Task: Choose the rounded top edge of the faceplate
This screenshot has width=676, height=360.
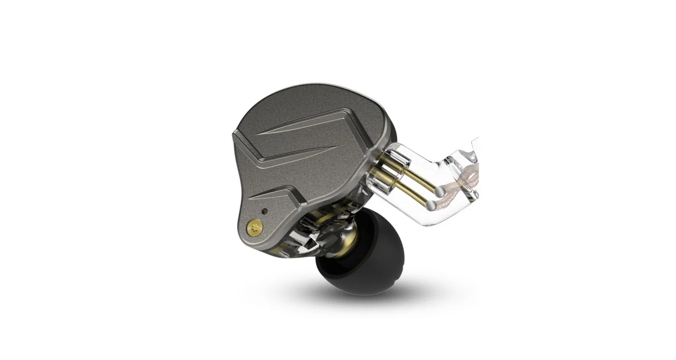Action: (317, 87)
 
